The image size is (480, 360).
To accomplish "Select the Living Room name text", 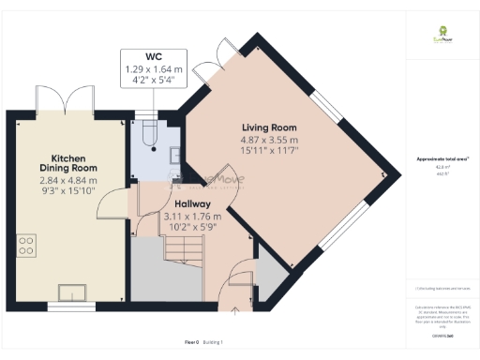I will (x=269, y=127).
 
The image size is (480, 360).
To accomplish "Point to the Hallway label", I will (x=192, y=203).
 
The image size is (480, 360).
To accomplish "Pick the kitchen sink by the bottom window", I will (x=69, y=291).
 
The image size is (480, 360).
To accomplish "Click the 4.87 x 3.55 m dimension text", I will (x=269, y=141).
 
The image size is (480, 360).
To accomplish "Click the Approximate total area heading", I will (x=442, y=159).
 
